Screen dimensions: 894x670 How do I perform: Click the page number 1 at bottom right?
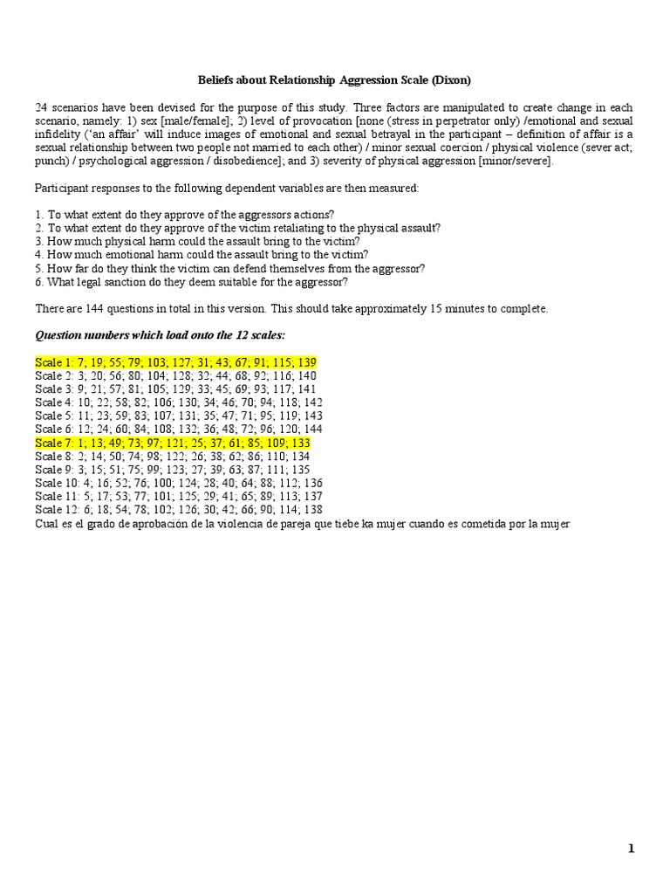632,848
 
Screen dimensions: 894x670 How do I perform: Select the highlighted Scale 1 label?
54,362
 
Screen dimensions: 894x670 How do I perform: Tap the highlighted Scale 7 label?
54,444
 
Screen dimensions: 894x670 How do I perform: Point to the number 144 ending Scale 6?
311,430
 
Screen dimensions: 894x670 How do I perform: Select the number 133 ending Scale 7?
299,444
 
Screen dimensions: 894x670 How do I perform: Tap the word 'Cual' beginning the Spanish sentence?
46,523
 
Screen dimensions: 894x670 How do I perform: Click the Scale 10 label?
57,482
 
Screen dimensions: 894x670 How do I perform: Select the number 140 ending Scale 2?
306,375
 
